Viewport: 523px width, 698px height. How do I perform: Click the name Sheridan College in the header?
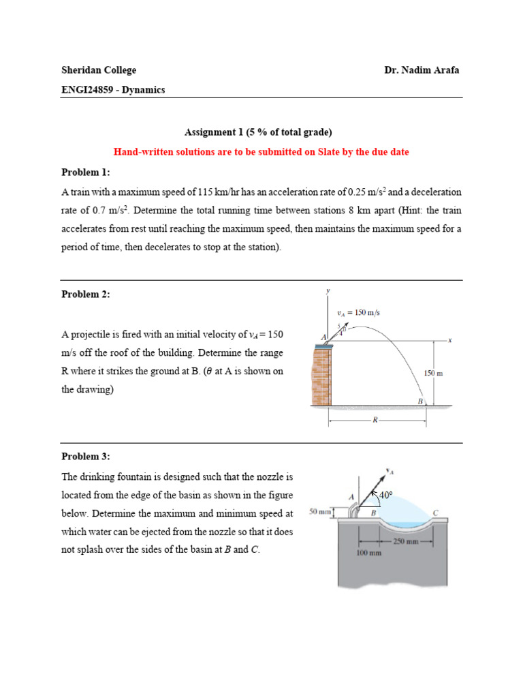[x=99, y=70]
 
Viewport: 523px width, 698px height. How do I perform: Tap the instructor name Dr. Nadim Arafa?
[x=422, y=70]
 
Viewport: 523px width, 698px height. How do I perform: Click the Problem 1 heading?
[x=85, y=172]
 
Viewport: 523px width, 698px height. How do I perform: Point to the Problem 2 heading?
[x=85, y=294]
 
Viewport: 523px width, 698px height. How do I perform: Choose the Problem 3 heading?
[x=85, y=457]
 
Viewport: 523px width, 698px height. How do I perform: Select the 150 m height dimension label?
[x=434, y=374]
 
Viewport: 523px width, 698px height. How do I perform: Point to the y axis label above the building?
[x=328, y=291]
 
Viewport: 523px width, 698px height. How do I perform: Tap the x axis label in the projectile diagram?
[x=451, y=339]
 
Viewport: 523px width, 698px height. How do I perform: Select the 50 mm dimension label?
[x=319, y=511]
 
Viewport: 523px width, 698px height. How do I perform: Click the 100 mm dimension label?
[x=368, y=553]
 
